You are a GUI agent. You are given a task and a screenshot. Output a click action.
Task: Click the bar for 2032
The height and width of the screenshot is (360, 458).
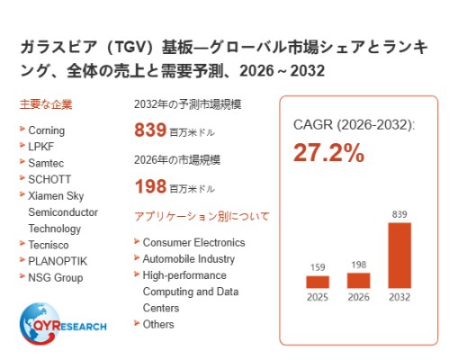[x=400, y=256]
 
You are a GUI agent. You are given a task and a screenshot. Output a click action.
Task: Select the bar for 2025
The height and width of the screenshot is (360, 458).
[x=318, y=282]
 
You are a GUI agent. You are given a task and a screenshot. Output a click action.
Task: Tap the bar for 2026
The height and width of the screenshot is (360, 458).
[x=358, y=281]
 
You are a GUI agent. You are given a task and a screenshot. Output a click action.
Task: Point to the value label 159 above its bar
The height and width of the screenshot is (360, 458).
[x=318, y=267]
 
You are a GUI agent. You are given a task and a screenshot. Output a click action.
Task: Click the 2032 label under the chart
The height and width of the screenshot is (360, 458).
[x=400, y=297]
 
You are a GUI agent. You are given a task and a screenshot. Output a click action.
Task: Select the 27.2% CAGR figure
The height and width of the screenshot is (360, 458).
[x=328, y=153]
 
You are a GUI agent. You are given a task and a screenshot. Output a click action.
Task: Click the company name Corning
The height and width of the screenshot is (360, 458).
[x=47, y=130]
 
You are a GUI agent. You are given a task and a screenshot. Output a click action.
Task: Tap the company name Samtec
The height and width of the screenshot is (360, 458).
[x=46, y=163]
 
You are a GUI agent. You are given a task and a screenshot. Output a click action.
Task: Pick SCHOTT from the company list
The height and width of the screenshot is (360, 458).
[x=49, y=179]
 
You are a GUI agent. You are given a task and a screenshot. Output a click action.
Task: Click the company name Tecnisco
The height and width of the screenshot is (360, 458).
[x=49, y=245]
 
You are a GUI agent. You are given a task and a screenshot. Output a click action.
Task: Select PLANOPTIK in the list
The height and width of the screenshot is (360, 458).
[x=58, y=261]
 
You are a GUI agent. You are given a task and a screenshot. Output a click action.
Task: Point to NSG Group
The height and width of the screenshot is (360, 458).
[x=56, y=277]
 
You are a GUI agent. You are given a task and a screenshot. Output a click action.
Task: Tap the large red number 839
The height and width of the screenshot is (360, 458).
[x=150, y=130]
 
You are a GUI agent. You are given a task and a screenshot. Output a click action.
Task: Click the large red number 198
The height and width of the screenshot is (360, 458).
[x=150, y=186]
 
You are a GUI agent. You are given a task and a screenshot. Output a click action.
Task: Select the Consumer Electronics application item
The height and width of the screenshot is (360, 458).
[x=193, y=242]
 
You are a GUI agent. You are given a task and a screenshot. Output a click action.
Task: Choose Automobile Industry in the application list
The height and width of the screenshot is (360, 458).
[x=189, y=259]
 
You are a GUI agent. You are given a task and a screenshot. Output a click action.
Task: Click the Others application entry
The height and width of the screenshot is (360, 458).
[x=158, y=324]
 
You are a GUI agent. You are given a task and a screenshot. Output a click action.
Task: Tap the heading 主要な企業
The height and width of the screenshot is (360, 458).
[x=46, y=104]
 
